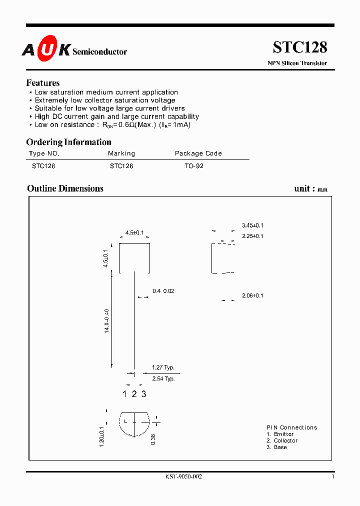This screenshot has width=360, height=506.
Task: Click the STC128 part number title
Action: coord(300,47)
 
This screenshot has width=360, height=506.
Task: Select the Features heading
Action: coord(43,83)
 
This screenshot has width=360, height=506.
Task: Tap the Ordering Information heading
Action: coord(68,142)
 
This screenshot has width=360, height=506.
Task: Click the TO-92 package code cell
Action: coord(194,165)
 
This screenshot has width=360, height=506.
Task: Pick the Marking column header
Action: coord(121,153)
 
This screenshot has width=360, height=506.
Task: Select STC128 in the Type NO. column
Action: coord(43,165)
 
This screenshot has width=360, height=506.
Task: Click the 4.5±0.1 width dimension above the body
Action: coord(134,232)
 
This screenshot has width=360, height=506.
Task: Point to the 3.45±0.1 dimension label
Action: coord(252,225)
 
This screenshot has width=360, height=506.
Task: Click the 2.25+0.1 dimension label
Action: coord(252,236)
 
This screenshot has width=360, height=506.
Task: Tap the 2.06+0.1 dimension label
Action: coord(252,295)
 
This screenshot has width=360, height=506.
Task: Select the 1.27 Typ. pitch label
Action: coord(163,367)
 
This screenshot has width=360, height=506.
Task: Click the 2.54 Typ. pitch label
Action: coord(163,378)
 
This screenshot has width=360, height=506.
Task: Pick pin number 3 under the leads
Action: coord(144,394)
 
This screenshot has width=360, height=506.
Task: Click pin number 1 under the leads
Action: coord(125,394)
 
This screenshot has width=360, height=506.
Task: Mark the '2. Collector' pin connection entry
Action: coord(282,440)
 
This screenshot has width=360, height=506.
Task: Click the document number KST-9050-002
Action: coord(183,477)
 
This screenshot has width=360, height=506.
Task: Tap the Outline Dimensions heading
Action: coord(65,188)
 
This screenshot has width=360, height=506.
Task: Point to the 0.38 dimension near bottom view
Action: coord(153,439)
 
